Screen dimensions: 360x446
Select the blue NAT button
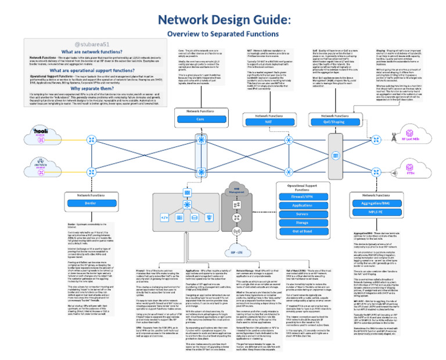[267, 123]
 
